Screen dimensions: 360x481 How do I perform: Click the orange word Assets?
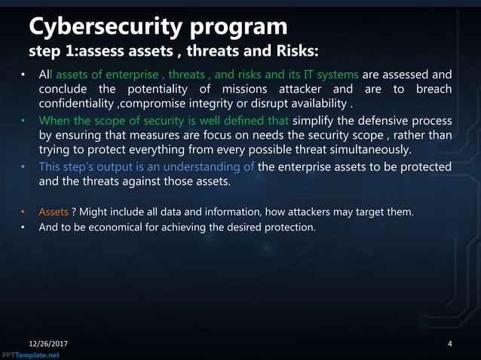(54, 212)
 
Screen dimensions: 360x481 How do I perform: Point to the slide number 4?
(450, 344)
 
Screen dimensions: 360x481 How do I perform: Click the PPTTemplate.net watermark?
(29, 355)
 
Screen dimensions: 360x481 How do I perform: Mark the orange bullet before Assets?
(23, 212)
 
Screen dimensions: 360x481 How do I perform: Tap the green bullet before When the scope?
(23, 121)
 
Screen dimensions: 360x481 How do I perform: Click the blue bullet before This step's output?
(23, 167)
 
